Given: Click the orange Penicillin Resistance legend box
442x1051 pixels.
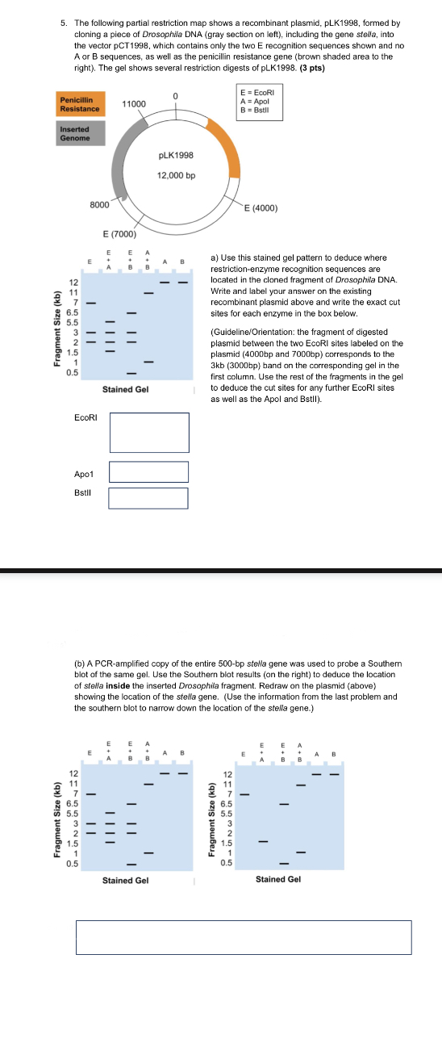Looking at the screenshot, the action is coord(80,104).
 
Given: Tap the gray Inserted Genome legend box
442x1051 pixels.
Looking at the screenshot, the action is coord(80,133).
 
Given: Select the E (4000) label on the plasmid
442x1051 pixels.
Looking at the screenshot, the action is coord(261,207).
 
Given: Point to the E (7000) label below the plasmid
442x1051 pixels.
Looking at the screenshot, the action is coord(119,233).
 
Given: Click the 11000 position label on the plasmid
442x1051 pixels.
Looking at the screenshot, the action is coord(134,103).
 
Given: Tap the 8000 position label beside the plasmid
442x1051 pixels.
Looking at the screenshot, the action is coord(99,204).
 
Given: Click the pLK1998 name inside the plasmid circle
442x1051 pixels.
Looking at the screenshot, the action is coord(176,155).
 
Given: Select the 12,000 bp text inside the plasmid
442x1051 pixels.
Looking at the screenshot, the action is coord(177,175).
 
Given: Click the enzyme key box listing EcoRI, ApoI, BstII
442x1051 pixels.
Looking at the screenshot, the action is coord(260,103).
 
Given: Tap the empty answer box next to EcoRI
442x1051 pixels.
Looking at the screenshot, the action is coord(149,433).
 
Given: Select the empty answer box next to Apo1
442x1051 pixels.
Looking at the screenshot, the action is coord(149,472).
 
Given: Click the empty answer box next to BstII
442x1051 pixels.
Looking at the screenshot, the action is coord(148,498).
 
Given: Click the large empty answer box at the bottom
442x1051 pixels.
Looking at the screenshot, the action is coord(244,937).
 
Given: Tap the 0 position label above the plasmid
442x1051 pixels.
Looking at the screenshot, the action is coord(175,96).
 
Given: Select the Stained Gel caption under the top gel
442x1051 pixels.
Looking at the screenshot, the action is coord(126,389).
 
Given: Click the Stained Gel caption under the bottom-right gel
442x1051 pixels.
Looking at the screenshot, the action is coord(278,879).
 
